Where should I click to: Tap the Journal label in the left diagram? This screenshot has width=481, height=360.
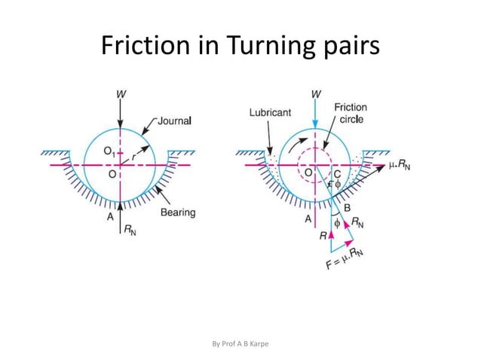pos(176,120)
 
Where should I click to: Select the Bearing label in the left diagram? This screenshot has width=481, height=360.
pos(178,212)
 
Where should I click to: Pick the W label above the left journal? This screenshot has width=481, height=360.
pos(120,94)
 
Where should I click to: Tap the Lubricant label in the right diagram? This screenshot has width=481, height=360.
pos(271,112)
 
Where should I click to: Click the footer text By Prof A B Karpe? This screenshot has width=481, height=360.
pos(240,344)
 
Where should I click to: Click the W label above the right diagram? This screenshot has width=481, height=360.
pos(314,94)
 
